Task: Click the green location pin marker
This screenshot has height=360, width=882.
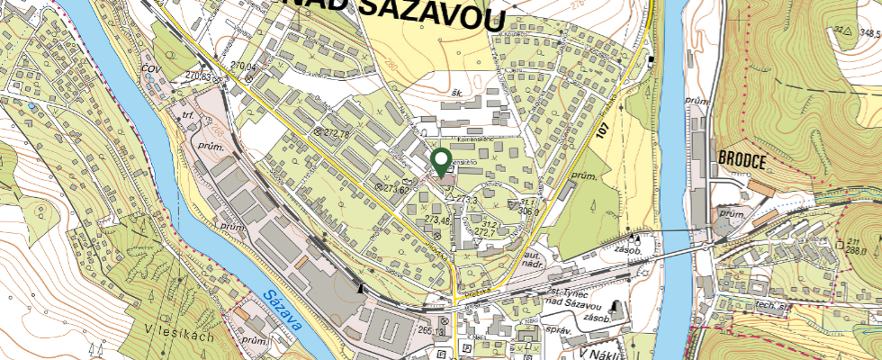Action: tap(441, 162)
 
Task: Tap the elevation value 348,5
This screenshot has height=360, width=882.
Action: tap(868, 32)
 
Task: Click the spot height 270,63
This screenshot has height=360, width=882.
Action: tap(205, 77)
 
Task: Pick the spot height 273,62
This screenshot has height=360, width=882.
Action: tap(397, 189)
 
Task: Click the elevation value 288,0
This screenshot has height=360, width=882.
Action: tap(855, 252)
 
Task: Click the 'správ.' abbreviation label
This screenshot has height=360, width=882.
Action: tap(558, 330)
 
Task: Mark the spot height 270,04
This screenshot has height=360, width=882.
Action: tap(244, 67)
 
